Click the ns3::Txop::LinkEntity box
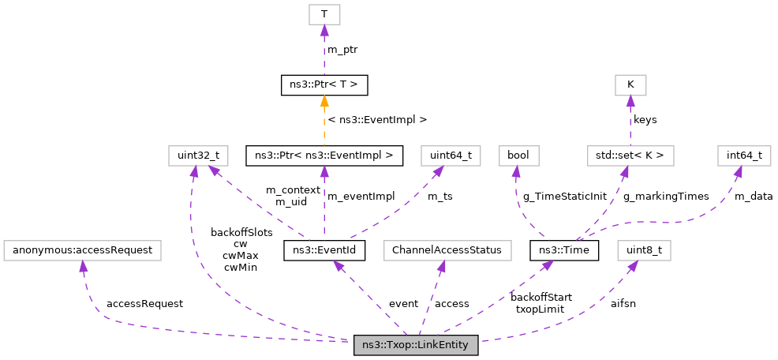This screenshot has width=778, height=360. click(x=416, y=345)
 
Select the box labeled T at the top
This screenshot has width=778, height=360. click(x=324, y=14)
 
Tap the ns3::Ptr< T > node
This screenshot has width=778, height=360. click(x=324, y=84)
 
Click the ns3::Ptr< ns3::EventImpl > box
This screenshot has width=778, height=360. click(x=324, y=156)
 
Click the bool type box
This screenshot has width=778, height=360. click(x=518, y=156)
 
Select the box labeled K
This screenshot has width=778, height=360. click(x=630, y=84)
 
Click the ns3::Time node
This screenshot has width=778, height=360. click(x=564, y=251)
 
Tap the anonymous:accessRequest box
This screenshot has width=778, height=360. click(x=83, y=251)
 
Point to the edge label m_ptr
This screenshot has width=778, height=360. click(x=342, y=49)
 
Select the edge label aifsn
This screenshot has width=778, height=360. click(x=623, y=303)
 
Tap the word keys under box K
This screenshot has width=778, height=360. click(x=645, y=120)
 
